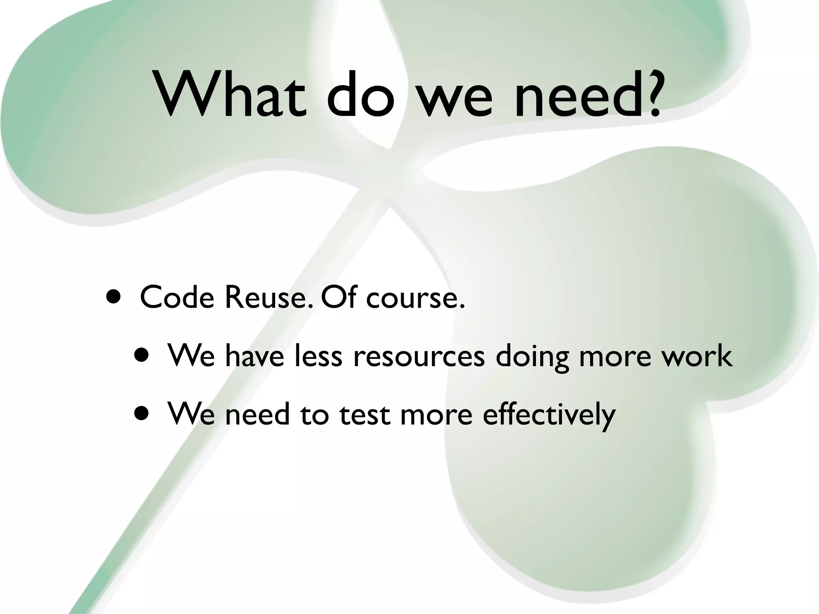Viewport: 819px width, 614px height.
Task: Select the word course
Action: (416, 298)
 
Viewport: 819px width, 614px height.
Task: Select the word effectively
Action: (549, 414)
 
